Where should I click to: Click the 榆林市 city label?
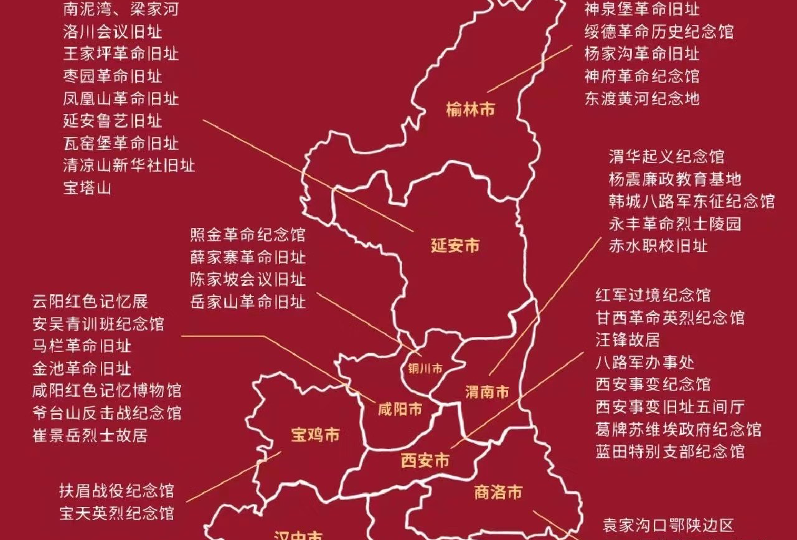click(x=471, y=110)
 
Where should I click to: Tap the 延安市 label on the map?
click(x=455, y=245)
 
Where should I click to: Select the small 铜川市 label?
click(x=425, y=369)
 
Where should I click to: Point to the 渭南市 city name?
click(x=488, y=392)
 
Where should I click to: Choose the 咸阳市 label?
click(x=400, y=409)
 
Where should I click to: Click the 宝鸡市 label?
click(x=316, y=434)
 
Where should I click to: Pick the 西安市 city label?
click(x=425, y=461)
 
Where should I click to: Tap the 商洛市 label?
click(x=498, y=493)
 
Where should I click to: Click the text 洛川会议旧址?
click(x=112, y=31)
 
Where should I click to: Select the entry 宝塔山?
click(x=87, y=187)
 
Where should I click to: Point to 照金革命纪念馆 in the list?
click(x=248, y=235)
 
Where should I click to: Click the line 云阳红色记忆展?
click(x=90, y=301)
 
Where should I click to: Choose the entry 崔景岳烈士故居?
click(x=90, y=435)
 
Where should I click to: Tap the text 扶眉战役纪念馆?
click(x=116, y=491)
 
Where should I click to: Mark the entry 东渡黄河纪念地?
click(x=641, y=98)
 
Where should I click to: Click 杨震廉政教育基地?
click(x=675, y=179)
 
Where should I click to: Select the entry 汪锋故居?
click(x=628, y=340)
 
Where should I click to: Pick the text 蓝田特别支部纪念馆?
click(x=670, y=451)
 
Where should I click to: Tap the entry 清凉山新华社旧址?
click(x=129, y=165)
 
